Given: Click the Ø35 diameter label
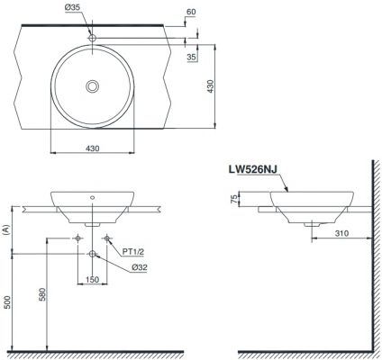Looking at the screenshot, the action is [72, 7].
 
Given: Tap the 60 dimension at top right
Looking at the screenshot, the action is [191, 12].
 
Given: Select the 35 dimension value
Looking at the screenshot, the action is [191, 57].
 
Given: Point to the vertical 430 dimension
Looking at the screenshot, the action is [211, 86].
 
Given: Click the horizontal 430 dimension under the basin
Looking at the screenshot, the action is [93, 148].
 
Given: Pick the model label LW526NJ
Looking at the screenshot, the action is [253, 169].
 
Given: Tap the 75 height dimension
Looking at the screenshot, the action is [234, 199].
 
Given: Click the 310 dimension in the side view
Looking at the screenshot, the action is [341, 233].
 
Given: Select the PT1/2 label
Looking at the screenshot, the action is [133, 252].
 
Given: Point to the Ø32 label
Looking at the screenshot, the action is [140, 267].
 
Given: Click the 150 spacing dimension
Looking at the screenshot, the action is [92, 279].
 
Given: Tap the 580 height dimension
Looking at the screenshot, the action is [42, 294].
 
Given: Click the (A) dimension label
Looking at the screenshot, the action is [5, 229].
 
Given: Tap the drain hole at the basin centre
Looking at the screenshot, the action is [93, 86].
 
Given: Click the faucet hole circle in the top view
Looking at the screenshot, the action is [92, 38].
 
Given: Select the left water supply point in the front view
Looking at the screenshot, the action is [77, 238].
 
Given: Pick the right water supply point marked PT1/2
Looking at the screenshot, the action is [107, 238].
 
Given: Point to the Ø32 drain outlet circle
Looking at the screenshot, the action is [92, 254].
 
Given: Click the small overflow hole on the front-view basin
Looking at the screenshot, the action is [92, 197].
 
